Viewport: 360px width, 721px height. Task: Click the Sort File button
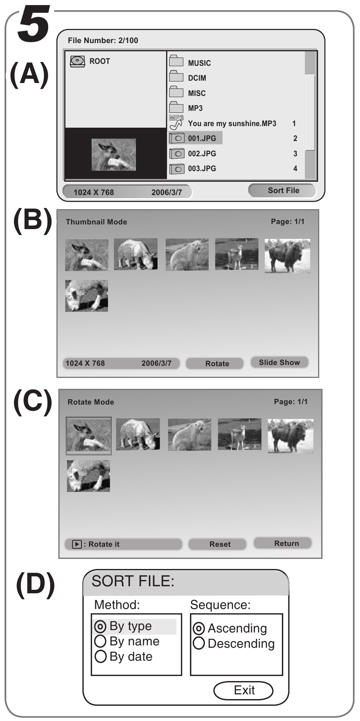point(283,191)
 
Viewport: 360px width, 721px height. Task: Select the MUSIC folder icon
point(176,61)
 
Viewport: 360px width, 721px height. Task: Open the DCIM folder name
point(197,78)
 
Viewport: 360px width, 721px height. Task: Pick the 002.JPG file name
point(202,154)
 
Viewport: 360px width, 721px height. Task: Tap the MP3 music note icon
point(176,123)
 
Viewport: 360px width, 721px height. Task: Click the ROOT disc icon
point(78,61)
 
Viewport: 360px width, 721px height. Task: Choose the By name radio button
point(100,641)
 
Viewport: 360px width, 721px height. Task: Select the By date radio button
point(100,656)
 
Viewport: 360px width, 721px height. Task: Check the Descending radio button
point(199,643)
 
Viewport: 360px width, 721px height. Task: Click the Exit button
point(244,690)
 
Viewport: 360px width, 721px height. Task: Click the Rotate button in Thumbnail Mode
point(217,363)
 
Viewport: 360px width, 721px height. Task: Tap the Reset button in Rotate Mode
point(220,544)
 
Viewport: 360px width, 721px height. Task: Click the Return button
point(286,543)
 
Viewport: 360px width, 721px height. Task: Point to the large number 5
point(33,24)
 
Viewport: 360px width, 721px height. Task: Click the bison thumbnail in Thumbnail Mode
point(287,256)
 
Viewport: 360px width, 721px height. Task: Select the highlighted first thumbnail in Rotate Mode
point(89,435)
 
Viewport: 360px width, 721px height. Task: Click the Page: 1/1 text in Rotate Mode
point(291,402)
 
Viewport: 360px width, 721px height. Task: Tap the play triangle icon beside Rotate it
point(77,544)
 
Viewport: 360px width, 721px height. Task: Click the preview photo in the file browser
point(114,155)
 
